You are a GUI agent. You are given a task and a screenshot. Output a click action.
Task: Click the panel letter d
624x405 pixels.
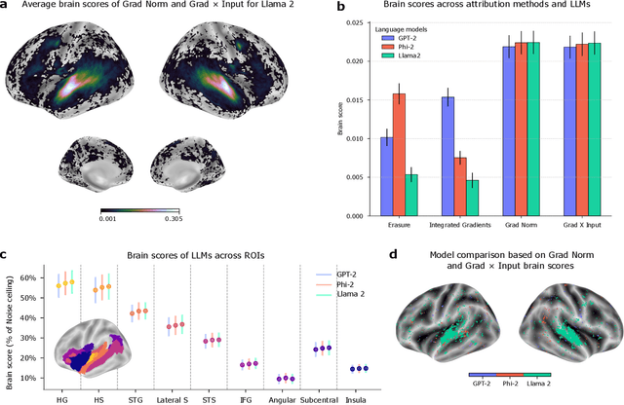(x=393, y=255)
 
